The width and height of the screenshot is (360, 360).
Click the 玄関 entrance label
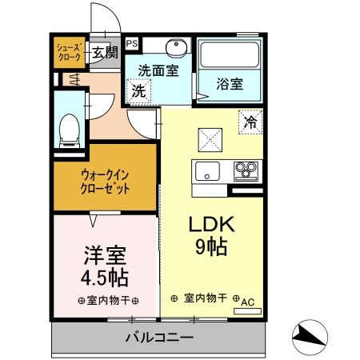point(104,54)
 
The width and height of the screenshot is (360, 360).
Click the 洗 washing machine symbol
point(139,90)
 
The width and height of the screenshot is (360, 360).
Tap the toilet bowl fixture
point(70,129)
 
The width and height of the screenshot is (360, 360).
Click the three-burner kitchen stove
point(246,170)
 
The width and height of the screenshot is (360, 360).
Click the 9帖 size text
point(208,246)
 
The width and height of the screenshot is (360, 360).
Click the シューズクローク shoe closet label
point(68,54)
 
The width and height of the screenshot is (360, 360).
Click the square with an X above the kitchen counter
point(212,139)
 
